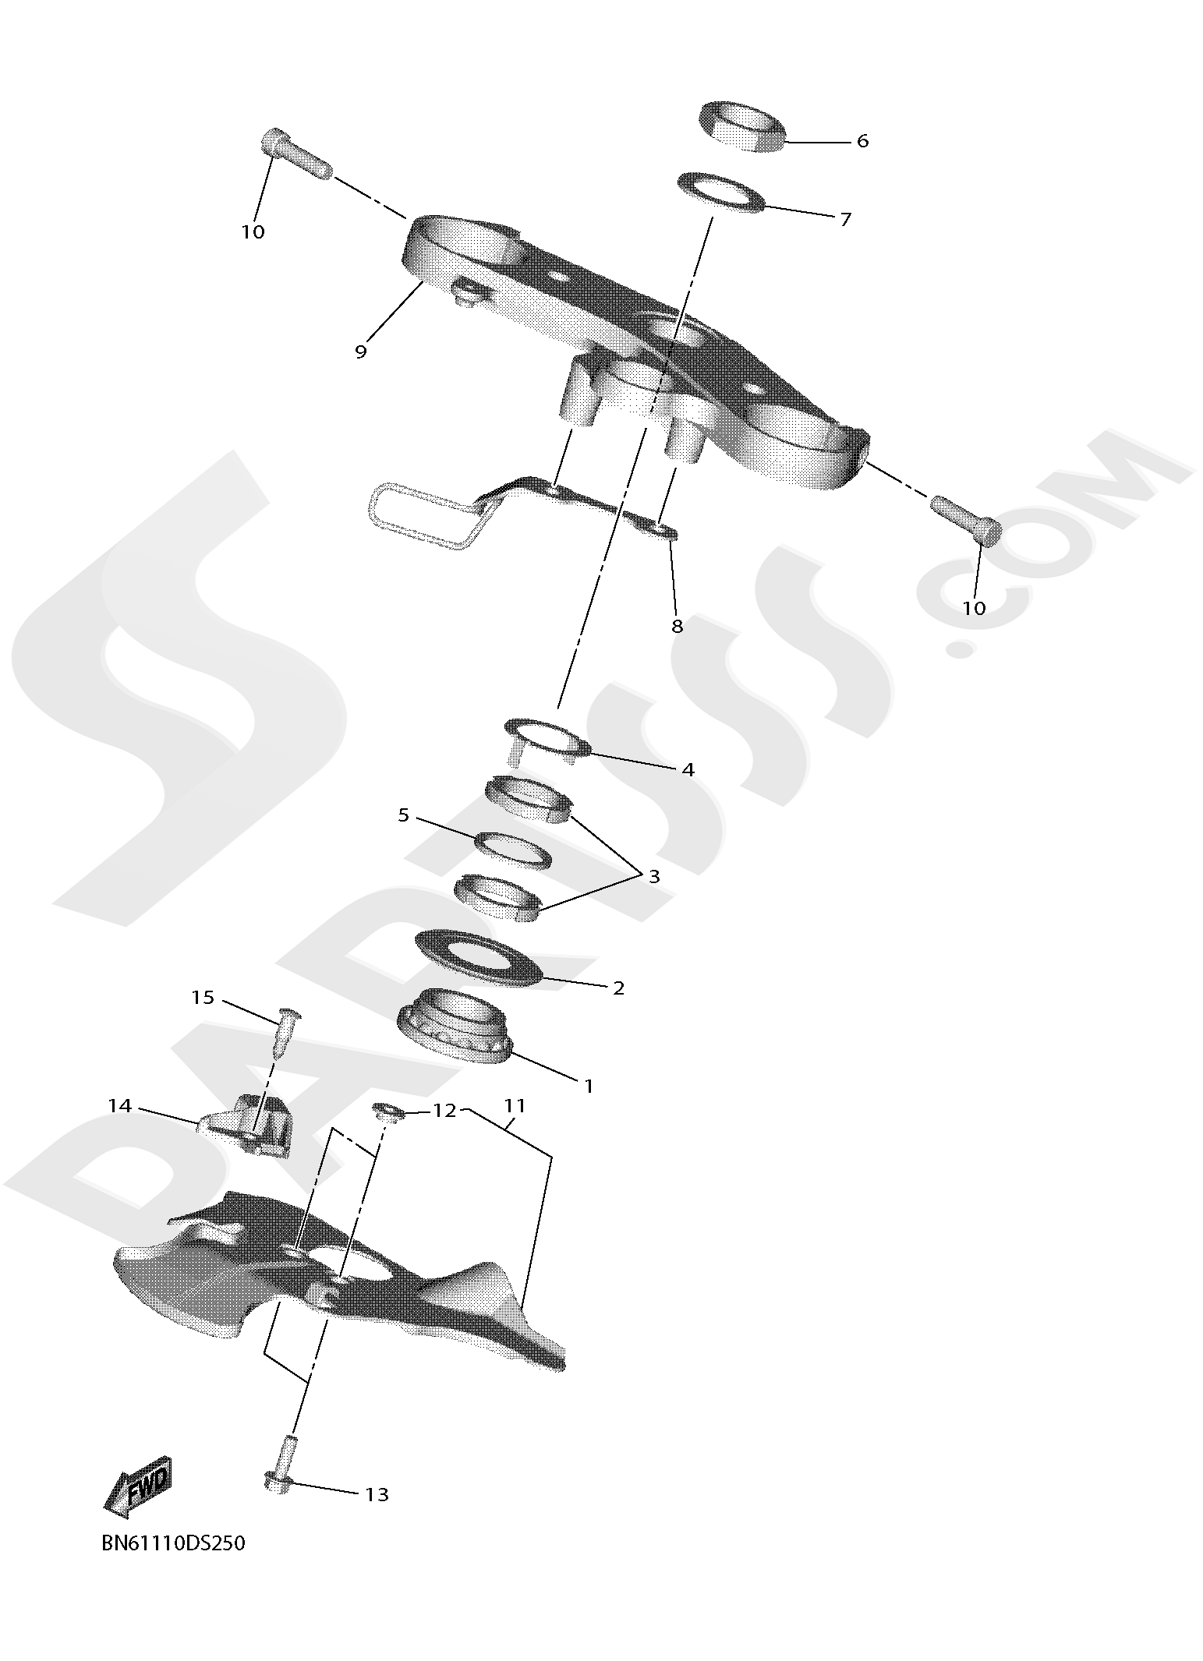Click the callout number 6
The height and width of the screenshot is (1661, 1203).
[x=862, y=141]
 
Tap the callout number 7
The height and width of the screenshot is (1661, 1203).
[x=845, y=219]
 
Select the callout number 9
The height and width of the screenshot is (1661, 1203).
[x=360, y=352]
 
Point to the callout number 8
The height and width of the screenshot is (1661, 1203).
[x=677, y=626]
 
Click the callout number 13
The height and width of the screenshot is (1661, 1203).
[x=377, y=1494]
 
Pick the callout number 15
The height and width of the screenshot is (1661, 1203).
[x=203, y=998]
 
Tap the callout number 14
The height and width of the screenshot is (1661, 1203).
[x=120, y=1106]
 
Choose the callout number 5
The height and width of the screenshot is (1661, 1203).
[x=403, y=815]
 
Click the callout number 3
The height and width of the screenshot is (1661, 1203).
[x=653, y=876]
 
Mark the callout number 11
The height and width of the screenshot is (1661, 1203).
[x=515, y=1105]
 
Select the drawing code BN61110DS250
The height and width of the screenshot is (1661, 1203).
[x=173, y=1543]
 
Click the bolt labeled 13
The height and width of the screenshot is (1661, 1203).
[x=281, y=1464]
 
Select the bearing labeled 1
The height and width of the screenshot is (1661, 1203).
[x=455, y=1026]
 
